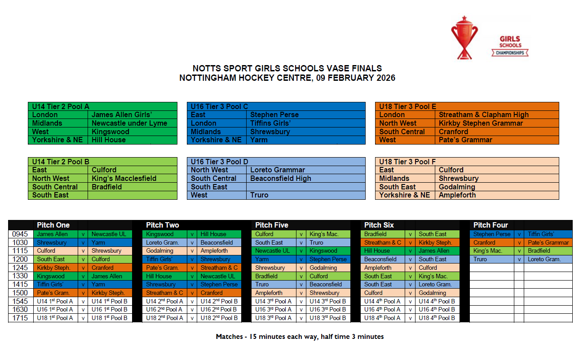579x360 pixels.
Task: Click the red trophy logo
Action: [464, 38]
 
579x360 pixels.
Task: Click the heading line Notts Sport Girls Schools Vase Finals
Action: [287, 69]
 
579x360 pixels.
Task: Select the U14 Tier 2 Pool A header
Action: [61, 106]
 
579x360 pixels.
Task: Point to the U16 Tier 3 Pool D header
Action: [220, 162]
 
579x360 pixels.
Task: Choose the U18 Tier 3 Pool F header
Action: [408, 162]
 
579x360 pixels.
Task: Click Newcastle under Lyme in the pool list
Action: [129, 123]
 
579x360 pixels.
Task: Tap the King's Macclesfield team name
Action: [124, 178]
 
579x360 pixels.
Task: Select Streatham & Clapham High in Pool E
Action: [484, 114]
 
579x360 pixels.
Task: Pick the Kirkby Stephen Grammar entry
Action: [481, 123]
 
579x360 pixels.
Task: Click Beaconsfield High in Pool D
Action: [281, 178]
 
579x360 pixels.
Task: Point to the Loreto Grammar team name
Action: [278, 170]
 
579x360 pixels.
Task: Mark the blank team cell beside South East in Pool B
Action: [132, 195]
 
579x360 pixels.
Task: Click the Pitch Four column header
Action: [491, 225]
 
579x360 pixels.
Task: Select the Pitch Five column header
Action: [272, 225]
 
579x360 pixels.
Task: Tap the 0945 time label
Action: [20, 234]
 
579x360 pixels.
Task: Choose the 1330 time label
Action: [20, 276]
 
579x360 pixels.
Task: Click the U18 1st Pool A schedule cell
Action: [55, 318]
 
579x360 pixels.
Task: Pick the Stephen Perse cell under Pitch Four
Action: [492, 234]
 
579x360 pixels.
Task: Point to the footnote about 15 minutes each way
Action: [300, 336]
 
